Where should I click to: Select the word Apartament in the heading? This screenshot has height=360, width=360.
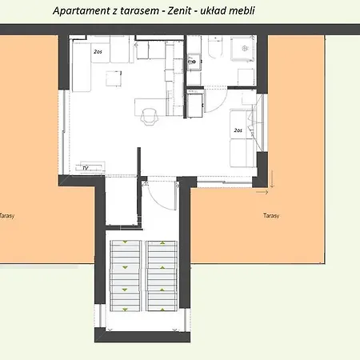click(x=81, y=11)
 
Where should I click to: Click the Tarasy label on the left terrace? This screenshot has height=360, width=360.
click(x=6, y=215)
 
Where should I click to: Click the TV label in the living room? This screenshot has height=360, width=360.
click(x=85, y=168)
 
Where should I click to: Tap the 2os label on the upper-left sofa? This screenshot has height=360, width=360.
click(x=98, y=51)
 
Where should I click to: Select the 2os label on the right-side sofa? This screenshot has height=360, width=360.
click(x=238, y=130)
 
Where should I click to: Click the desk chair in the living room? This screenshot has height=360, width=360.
click(x=149, y=116)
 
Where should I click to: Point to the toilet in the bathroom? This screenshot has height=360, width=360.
click(x=214, y=51)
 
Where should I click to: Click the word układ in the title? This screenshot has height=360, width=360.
click(x=236, y=11)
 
